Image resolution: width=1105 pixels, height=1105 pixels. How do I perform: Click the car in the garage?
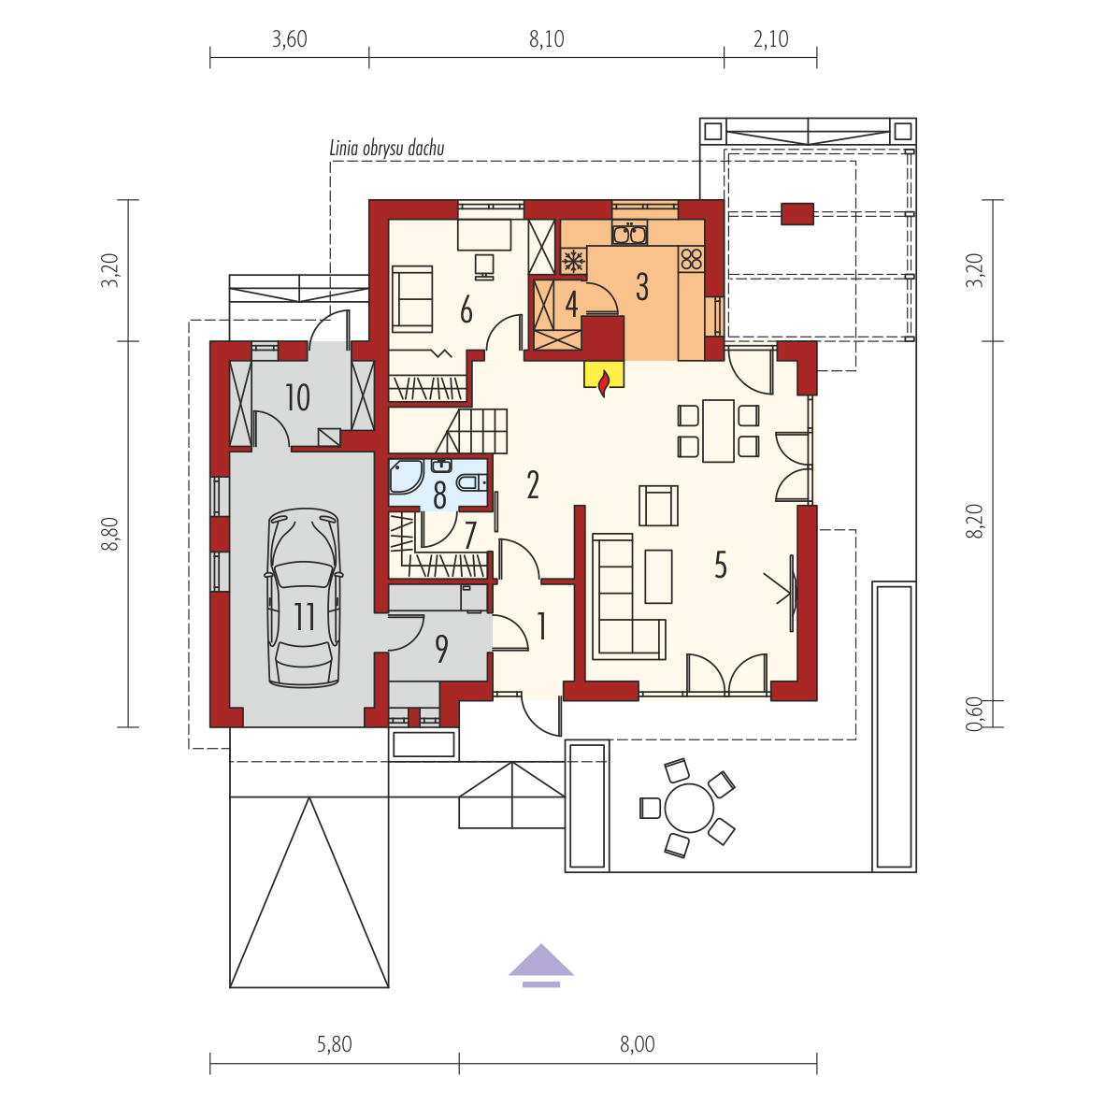coord(305,597)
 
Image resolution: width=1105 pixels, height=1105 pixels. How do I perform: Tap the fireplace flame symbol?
coord(603,384)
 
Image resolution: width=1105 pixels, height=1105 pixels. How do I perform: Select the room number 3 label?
coord(642,287)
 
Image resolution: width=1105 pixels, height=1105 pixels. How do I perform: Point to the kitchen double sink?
coord(629,234)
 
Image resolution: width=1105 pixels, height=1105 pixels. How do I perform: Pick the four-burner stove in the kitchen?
coord(692,259)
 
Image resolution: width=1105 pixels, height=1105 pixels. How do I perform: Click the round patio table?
coord(689,808)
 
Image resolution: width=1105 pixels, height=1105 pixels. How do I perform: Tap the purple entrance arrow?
coord(541,965)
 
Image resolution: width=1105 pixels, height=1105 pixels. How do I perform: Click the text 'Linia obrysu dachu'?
coord(387,148)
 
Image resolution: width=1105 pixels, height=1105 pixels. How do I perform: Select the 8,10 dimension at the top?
coord(547,38)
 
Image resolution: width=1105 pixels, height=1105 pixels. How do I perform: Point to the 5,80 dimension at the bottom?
coord(334,1043)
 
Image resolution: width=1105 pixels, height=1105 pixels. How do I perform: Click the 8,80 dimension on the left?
coord(110,534)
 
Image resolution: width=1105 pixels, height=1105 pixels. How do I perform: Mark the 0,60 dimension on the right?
coord(974,713)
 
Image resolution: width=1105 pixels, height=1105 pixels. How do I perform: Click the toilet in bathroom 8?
coord(470,482)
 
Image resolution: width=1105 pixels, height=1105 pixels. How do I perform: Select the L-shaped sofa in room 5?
coord(628,596)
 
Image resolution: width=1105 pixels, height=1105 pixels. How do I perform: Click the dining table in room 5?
coord(718,431)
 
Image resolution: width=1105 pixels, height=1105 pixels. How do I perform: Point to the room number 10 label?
coord(297,397)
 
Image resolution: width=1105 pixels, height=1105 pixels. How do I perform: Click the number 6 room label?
coord(466,309)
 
